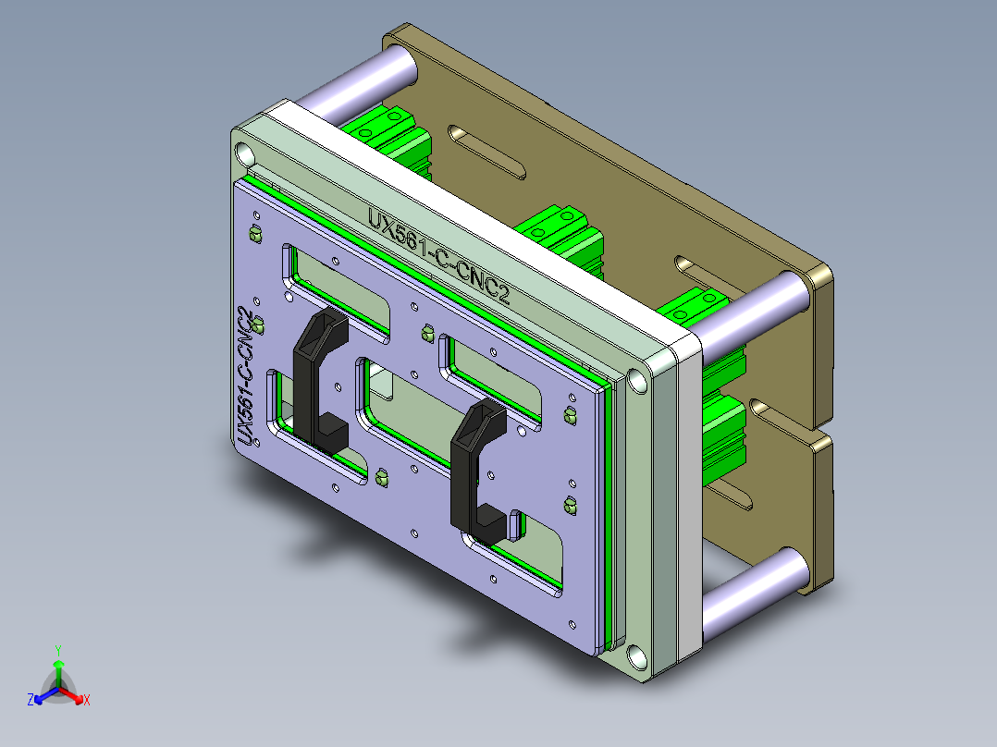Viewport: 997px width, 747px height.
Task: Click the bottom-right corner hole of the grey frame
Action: click(x=636, y=657)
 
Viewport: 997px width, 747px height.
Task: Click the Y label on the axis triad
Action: click(x=57, y=649)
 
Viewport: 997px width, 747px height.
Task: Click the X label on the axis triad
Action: click(x=87, y=701)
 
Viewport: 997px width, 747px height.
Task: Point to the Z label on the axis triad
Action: click(x=31, y=701)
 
